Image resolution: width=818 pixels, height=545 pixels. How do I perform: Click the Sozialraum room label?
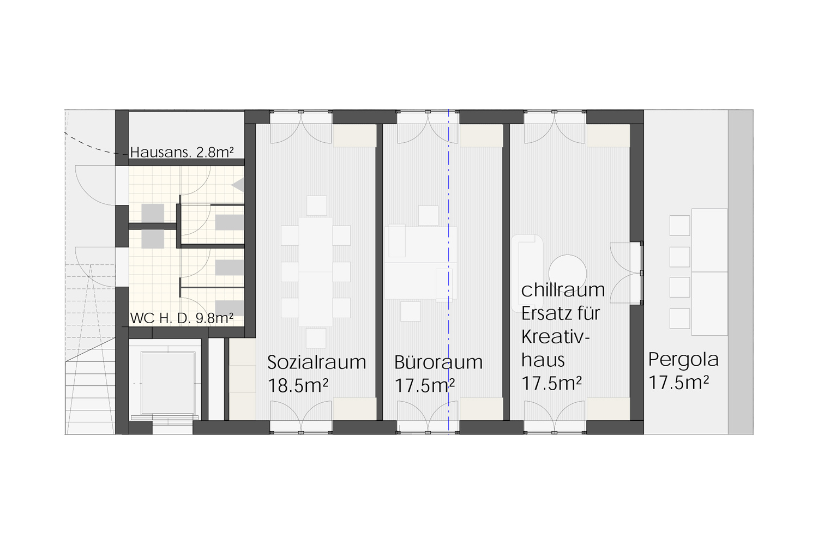click(316, 362)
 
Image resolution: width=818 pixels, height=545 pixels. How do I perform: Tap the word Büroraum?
click(438, 362)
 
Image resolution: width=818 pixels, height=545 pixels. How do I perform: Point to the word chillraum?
click(563, 290)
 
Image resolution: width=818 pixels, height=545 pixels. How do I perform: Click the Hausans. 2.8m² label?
click(182, 152)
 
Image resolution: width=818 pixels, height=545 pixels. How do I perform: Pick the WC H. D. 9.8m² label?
click(182, 318)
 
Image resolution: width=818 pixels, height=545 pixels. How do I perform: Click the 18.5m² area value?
click(298, 385)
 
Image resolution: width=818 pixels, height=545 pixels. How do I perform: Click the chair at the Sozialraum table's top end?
click(317, 205)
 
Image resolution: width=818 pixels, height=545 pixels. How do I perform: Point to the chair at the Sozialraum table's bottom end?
click(316, 338)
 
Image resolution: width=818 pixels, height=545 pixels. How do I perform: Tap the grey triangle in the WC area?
click(238, 185)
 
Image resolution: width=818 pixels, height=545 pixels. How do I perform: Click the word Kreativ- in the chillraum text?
click(556, 337)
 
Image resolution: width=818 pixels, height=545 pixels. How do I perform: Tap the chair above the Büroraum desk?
click(428, 215)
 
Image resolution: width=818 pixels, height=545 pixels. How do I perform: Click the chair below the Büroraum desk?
click(411, 311)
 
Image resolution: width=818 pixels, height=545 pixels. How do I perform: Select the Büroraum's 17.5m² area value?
click(425, 385)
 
